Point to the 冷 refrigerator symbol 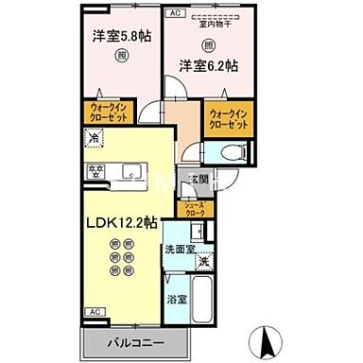point(94,138)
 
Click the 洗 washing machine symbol point(202,261)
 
